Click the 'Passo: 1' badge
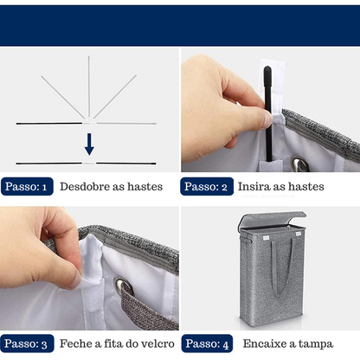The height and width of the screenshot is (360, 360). tap(27, 186)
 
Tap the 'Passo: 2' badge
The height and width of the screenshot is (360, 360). tap(207, 186)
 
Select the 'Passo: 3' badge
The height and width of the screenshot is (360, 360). tap(27, 344)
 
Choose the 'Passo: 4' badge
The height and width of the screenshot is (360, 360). tap(207, 344)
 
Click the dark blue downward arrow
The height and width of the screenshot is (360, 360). tap(89, 145)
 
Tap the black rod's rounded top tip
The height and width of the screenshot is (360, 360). tap(267, 68)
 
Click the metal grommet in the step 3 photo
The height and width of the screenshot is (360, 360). tap(124, 286)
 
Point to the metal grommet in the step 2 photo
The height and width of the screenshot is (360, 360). tap(299, 164)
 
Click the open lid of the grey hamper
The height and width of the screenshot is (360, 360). tap(272, 220)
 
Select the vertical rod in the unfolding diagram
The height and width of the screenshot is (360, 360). tap(89, 88)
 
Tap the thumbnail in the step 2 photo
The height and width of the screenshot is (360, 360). tap(267, 119)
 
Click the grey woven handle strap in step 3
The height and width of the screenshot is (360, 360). tap(148, 309)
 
